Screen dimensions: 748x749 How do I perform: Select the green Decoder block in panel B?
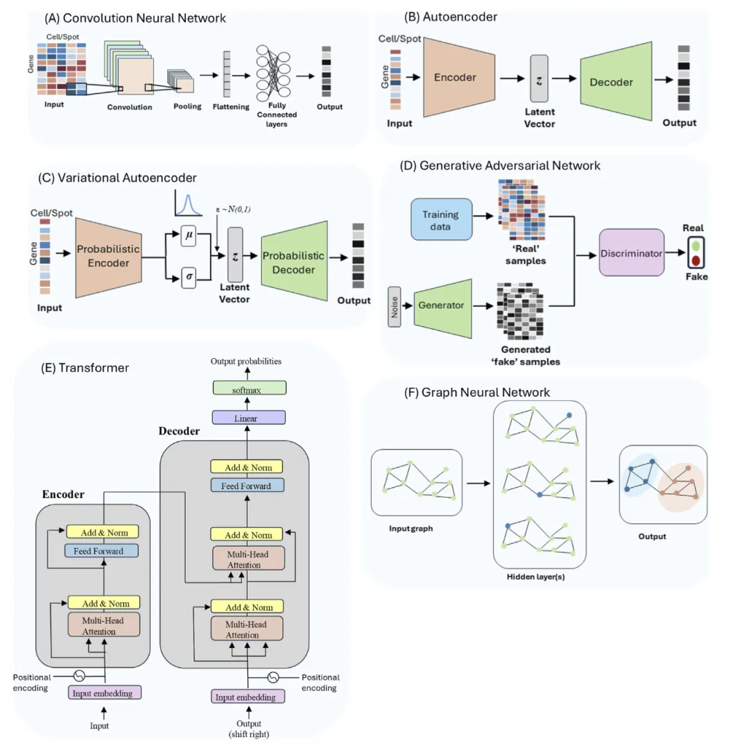point(611,82)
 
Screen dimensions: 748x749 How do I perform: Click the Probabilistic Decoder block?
point(293,260)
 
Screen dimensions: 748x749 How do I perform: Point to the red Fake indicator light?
point(695,261)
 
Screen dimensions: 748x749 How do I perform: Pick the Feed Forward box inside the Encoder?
point(103,550)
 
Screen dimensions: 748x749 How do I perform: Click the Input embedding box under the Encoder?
point(104,692)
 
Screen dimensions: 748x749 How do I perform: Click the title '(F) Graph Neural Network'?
point(477,393)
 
